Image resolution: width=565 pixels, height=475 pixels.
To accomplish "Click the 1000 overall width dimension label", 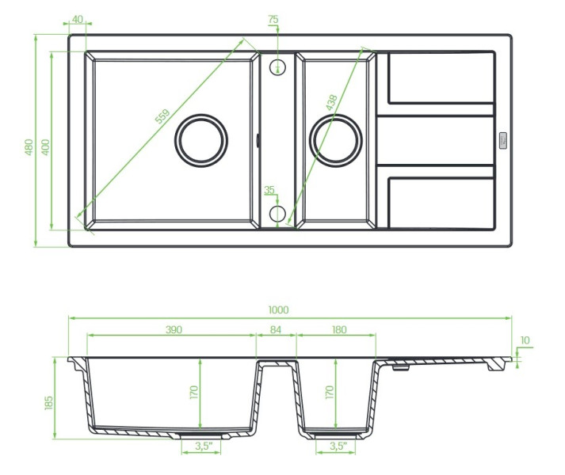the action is pyautogui.click(x=278, y=310).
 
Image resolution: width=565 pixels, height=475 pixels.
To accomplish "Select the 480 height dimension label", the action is pyautogui.click(x=29, y=147).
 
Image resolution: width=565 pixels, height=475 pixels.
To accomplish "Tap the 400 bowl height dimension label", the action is pyautogui.click(x=45, y=147).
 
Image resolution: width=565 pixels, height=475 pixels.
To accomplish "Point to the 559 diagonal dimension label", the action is pyautogui.click(x=162, y=116).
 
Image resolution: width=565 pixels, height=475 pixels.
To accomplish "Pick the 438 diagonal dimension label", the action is pyautogui.click(x=331, y=102).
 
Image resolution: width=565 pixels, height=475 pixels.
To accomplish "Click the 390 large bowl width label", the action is pyautogui.click(x=174, y=329).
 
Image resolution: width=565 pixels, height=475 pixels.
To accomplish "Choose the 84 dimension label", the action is pyautogui.click(x=276, y=329).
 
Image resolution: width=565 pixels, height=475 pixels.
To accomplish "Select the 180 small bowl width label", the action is pyautogui.click(x=339, y=329).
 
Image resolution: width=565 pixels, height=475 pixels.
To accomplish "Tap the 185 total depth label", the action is pyautogui.click(x=48, y=403).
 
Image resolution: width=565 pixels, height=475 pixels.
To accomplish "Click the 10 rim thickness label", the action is pyautogui.click(x=525, y=340).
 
